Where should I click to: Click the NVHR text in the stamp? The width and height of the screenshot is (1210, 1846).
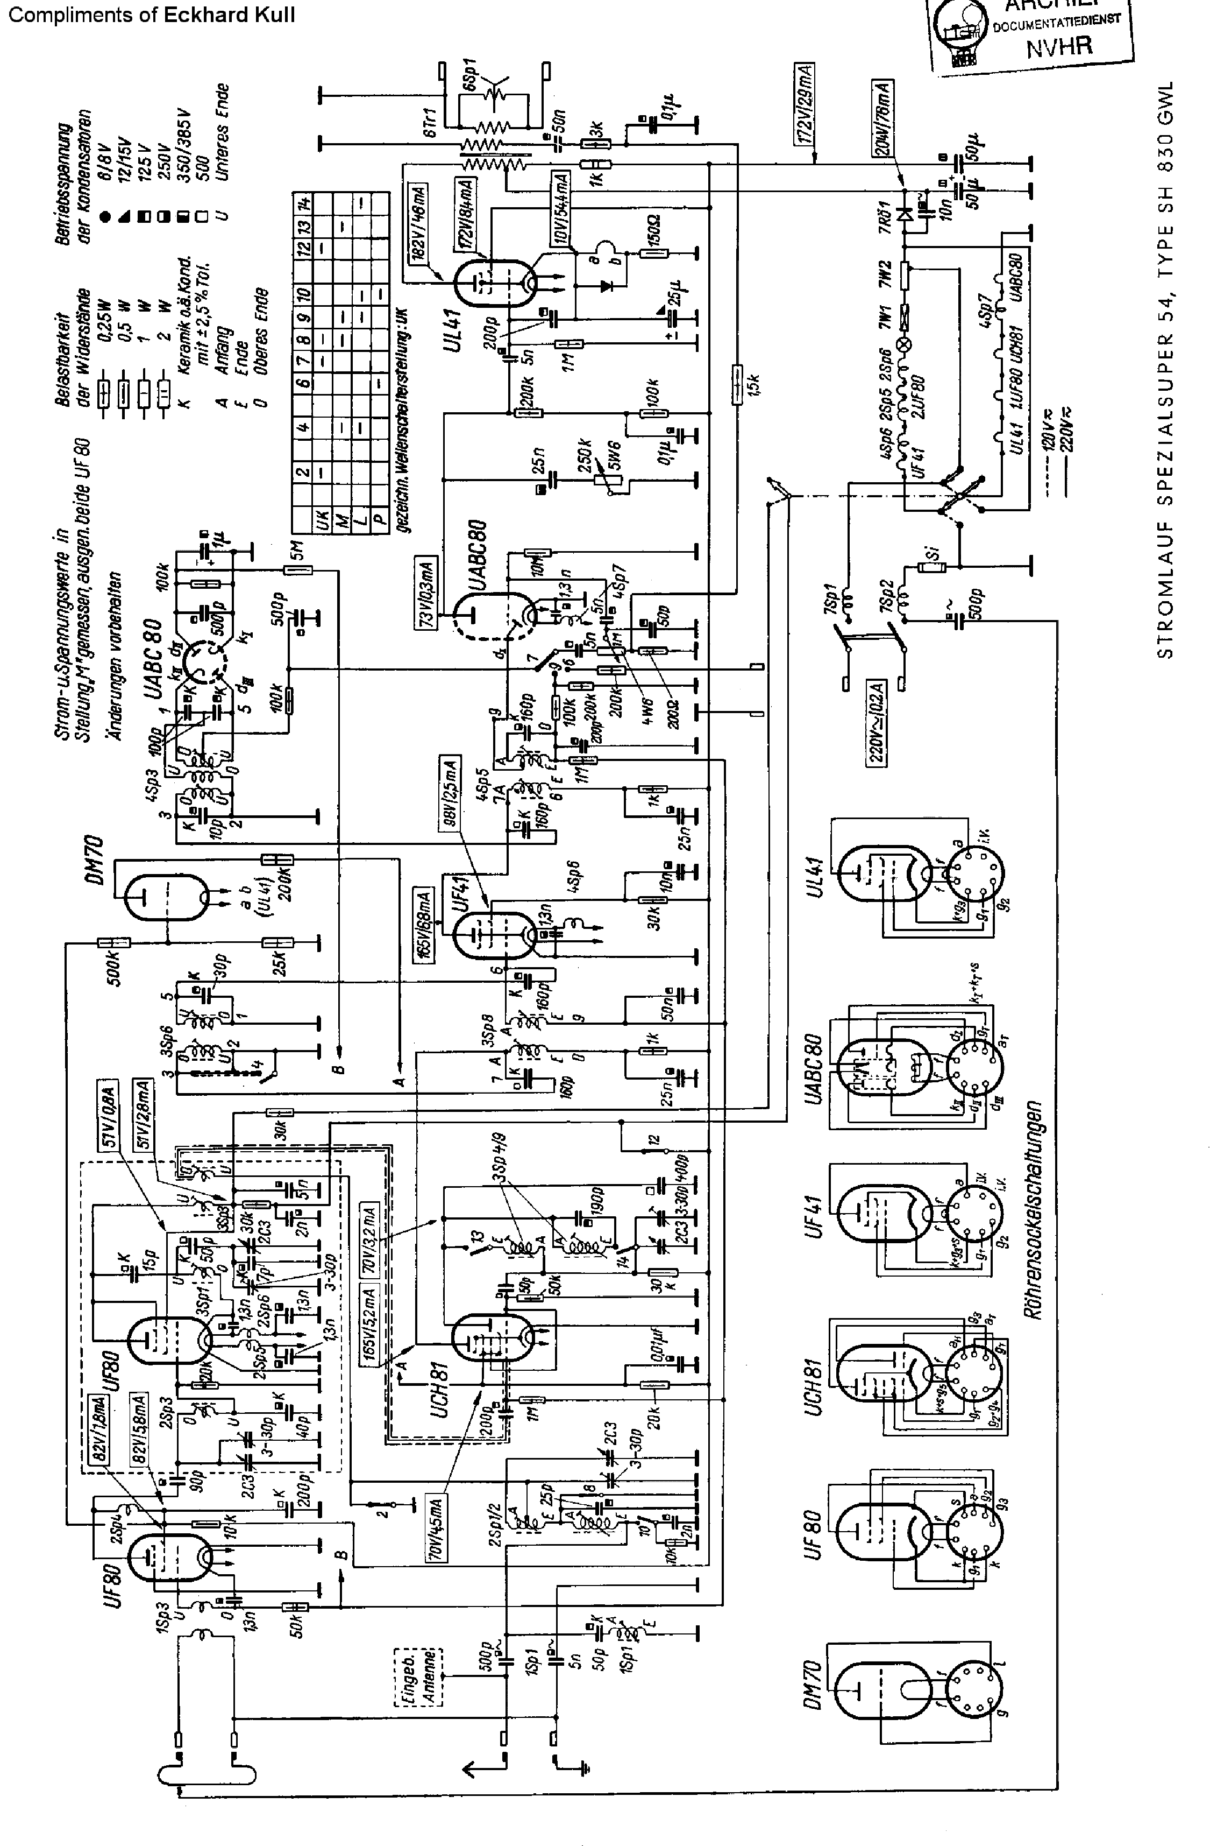pos(1059,46)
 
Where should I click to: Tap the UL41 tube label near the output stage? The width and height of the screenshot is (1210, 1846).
pos(452,329)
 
